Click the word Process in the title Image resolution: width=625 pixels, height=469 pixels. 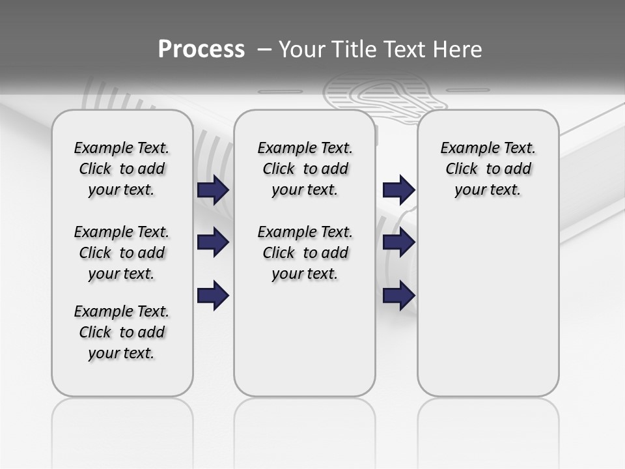[x=201, y=50]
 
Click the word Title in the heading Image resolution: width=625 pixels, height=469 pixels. [x=353, y=50]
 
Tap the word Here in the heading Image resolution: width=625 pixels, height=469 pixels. [x=457, y=50]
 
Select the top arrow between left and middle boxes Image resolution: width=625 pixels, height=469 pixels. [x=213, y=190]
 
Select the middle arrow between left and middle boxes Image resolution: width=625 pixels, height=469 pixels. [x=213, y=243]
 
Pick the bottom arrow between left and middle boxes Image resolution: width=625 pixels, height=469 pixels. [x=213, y=296]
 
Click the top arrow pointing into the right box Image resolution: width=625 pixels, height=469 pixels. [x=398, y=190]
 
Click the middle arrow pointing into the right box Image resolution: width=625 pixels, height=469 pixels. [x=398, y=243]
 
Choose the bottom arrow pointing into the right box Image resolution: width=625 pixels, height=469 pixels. [x=398, y=296]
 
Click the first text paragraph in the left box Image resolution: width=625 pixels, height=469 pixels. [x=122, y=169]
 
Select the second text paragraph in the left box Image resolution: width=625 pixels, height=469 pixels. [x=122, y=253]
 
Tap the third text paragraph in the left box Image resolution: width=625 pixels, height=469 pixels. [x=122, y=332]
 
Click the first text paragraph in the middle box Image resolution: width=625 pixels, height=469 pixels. [x=305, y=169]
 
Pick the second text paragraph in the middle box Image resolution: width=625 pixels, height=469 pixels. [x=305, y=253]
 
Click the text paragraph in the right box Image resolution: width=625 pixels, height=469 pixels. [x=488, y=169]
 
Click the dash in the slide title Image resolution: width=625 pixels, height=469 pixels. [x=264, y=50]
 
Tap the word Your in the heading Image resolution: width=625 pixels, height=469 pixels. [x=301, y=50]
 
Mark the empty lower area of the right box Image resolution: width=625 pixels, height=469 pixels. [x=488, y=306]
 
